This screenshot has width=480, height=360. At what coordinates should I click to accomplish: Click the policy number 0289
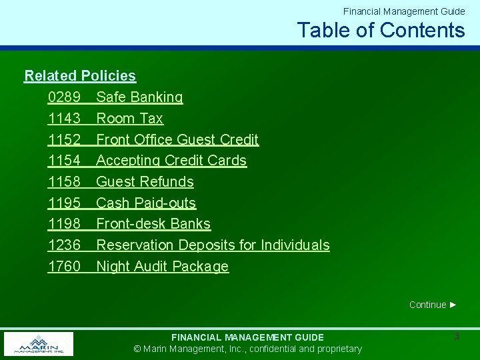pos(64,97)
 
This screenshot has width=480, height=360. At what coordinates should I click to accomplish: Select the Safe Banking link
pos(139,97)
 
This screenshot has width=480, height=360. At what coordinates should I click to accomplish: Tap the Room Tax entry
pos(129,119)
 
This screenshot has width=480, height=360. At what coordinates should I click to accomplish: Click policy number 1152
pos(64,140)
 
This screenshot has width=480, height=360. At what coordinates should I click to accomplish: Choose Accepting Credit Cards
pos(171,161)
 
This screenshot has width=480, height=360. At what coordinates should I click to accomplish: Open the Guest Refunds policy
pos(145,182)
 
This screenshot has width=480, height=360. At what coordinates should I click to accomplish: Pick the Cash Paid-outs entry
pos(146,203)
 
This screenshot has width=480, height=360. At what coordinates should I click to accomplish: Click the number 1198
pos(64,224)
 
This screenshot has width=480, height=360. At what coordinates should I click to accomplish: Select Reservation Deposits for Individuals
pos(213,245)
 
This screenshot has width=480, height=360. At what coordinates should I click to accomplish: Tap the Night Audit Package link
pos(162,267)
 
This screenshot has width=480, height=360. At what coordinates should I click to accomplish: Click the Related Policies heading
pos(80,76)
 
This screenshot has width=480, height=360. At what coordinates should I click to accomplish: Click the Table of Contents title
pos(381,30)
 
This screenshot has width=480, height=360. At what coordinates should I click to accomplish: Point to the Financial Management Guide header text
pos(404,11)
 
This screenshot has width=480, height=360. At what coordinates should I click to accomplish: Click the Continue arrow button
pos(433,305)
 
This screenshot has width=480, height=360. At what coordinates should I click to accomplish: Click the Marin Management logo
pos(38,344)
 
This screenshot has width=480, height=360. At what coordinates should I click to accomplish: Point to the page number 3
pos(456,337)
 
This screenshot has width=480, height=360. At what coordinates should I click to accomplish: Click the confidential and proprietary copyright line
pos(247,349)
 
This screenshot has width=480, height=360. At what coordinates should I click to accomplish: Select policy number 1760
pos(64,267)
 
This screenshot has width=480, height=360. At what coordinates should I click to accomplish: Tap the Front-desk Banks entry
pos(153,224)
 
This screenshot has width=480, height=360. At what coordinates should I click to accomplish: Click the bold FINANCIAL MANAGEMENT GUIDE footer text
pos(247,337)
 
